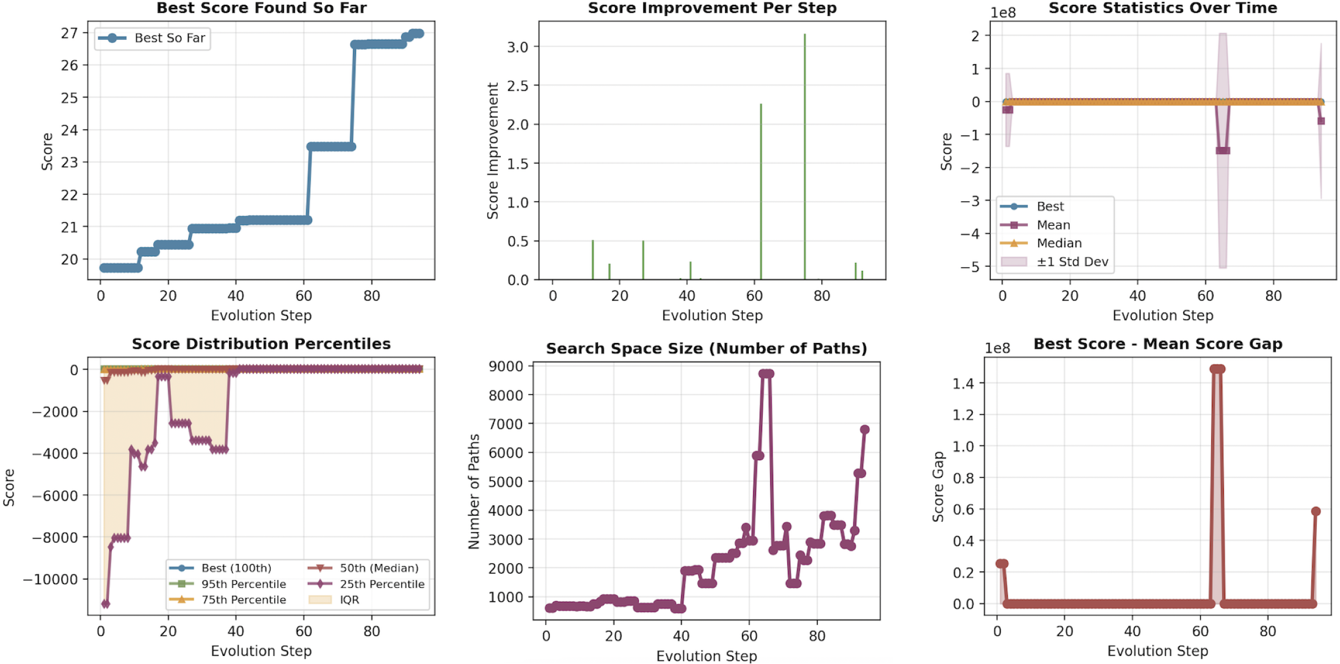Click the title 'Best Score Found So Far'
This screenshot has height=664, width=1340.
click(x=261, y=8)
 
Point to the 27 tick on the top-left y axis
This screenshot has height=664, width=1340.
click(x=70, y=33)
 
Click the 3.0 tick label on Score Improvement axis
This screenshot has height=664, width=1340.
click(x=517, y=47)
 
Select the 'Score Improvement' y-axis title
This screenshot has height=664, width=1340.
click(x=493, y=151)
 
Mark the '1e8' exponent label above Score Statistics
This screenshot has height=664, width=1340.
click(x=1003, y=13)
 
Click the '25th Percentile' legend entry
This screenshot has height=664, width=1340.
click(x=382, y=584)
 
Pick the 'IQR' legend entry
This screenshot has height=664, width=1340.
click(x=349, y=600)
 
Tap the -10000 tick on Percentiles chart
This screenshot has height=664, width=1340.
click(x=51, y=579)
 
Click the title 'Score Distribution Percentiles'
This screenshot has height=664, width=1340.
click(x=261, y=344)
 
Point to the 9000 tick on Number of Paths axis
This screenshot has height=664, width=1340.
click(x=506, y=366)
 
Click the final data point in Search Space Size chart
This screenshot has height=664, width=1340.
click(x=864, y=430)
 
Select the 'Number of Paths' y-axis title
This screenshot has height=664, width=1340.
click(x=474, y=491)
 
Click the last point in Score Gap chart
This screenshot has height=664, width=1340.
click(x=1316, y=511)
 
